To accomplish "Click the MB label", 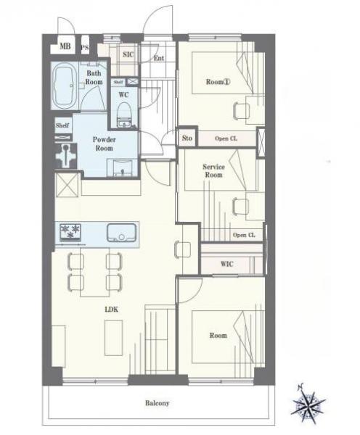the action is click(x=65, y=46).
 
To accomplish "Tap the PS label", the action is click(x=85, y=47).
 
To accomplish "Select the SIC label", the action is click(x=128, y=54).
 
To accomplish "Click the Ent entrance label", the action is click(x=159, y=58).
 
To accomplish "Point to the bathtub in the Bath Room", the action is click(x=65, y=86).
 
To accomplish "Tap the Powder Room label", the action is click(x=105, y=144).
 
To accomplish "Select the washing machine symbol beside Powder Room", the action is click(x=66, y=156).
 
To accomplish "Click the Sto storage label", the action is click(x=187, y=138).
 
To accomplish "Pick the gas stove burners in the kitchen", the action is click(x=70, y=232).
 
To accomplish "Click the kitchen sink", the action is click(x=122, y=233).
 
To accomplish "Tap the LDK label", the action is click(x=112, y=310).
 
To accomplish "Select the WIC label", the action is click(x=227, y=264).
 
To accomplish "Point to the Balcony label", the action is click(x=157, y=403).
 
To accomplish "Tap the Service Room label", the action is click(x=213, y=170).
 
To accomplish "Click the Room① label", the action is click(x=218, y=82).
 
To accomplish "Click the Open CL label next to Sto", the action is click(x=226, y=138).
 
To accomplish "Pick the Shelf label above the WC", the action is click(x=118, y=82).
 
